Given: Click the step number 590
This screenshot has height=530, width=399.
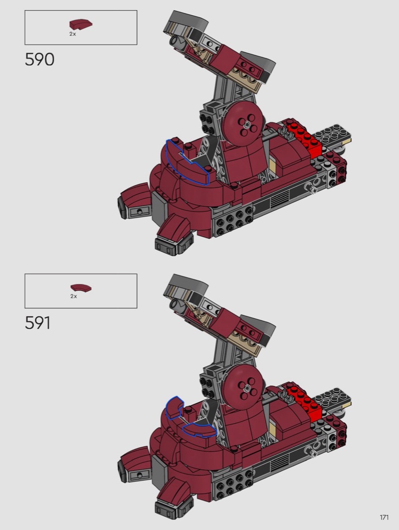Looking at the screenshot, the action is tap(39, 60).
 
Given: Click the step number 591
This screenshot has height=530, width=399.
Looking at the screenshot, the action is tap(38, 323).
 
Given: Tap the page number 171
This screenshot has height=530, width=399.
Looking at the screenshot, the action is tap(384, 517).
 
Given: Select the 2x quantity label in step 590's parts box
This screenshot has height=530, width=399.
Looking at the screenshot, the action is tap(73, 34).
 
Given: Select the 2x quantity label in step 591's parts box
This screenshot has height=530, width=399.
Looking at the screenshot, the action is tap(74, 296).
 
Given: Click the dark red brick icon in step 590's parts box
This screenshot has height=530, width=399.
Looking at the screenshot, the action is tap(81, 24).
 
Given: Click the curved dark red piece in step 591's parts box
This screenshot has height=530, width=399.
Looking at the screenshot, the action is tap(81, 288).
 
